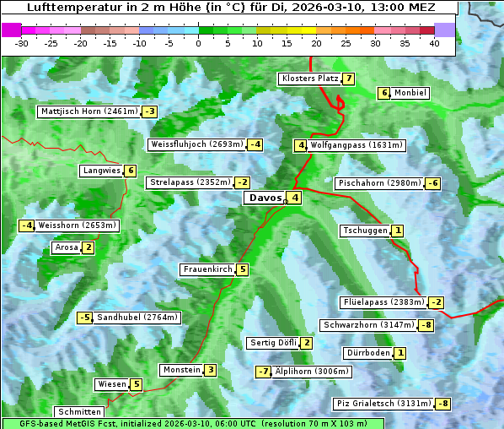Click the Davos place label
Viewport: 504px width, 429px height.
(x=263, y=198)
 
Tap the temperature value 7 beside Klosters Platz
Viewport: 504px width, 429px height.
(x=347, y=79)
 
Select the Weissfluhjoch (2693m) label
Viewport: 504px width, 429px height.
(x=196, y=144)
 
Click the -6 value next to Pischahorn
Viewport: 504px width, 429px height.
(x=433, y=183)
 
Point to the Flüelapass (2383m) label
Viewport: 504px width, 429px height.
(x=383, y=301)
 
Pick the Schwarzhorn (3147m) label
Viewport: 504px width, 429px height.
(x=368, y=325)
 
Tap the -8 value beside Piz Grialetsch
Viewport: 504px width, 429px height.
(x=442, y=404)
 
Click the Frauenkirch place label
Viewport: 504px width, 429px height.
(x=206, y=269)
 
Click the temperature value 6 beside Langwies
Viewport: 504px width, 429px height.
(x=131, y=171)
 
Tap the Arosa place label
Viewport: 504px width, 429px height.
(x=66, y=247)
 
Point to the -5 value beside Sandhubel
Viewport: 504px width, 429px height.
(x=84, y=318)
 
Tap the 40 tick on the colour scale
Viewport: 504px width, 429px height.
(x=434, y=43)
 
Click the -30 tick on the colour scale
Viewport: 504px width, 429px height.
(x=22, y=43)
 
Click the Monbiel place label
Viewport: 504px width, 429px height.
(x=410, y=93)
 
